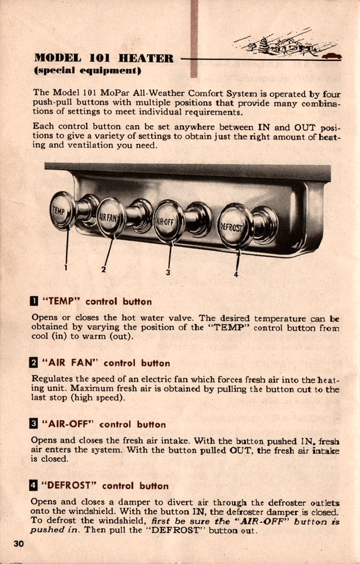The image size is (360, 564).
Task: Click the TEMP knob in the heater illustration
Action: [62, 210]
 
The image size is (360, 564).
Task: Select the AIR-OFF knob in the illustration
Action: [169, 221]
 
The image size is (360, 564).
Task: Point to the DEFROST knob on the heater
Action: [236, 226]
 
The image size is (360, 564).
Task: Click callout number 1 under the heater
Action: [66, 267]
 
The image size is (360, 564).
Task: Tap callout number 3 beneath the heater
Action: [168, 273]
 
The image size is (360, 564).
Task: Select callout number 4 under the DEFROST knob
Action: [236, 275]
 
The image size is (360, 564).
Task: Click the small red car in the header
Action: [332, 55]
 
